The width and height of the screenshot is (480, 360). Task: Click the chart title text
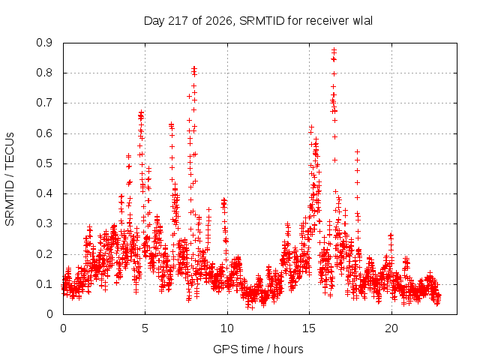coord(258,21)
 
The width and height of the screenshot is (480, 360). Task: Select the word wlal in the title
coord(362,21)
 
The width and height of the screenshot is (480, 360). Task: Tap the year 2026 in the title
coord(218,21)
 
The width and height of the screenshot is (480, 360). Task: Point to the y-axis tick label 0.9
coord(44,43)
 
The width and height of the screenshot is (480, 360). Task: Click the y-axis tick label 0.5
coord(44,163)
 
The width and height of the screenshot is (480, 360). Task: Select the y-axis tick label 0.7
coord(44,103)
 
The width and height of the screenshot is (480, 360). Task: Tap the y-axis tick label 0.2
coord(44,254)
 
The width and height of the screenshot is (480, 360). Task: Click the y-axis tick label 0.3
coord(44,224)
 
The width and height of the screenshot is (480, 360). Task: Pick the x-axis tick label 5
coord(145,328)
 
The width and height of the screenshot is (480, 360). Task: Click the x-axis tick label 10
coord(227,328)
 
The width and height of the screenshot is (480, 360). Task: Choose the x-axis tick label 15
coord(309,328)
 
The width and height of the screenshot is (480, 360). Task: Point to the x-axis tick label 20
coord(391,328)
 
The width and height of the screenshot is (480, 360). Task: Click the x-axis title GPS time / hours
coord(258,349)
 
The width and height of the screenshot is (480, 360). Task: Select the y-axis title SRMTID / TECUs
coord(10,179)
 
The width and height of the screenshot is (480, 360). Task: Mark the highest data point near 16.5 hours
coord(334,49)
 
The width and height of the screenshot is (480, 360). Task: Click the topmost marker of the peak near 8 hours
coord(194,68)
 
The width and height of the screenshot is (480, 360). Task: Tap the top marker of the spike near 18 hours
coord(357,151)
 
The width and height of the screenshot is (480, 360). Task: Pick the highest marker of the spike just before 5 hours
coord(141,112)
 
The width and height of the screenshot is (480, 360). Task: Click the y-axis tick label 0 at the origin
coord(49,315)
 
